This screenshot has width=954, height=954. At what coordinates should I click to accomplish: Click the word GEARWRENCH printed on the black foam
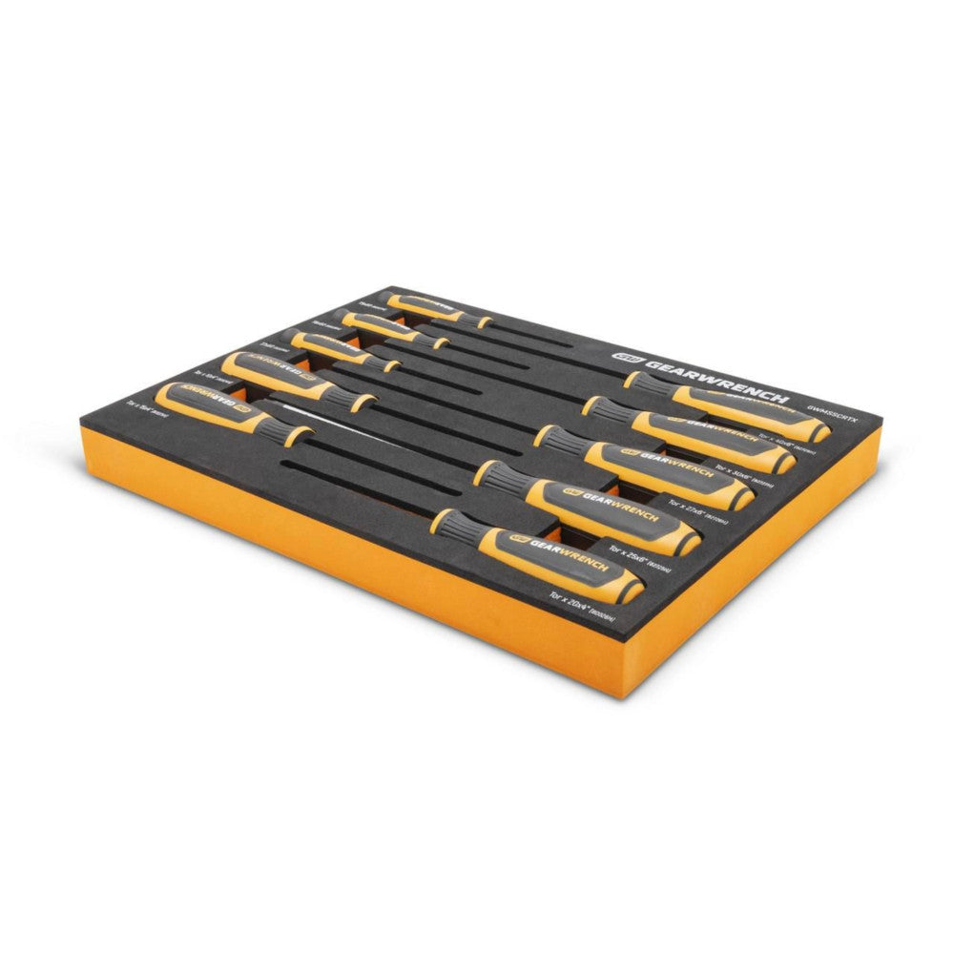(716, 379)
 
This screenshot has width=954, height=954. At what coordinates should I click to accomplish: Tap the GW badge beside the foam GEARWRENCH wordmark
(626, 354)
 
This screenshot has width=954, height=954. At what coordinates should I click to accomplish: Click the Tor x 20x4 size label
(581, 608)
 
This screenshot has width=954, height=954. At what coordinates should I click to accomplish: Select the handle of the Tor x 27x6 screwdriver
(668, 473)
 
